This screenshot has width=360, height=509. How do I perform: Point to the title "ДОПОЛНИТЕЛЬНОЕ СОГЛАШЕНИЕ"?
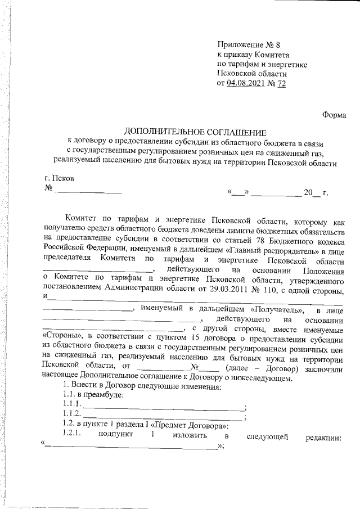pos(195,132)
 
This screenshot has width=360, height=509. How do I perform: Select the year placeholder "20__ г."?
pos(316,193)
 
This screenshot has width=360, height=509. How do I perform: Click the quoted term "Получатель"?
pos(277,310)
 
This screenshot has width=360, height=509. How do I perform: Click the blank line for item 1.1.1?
pos(163,406)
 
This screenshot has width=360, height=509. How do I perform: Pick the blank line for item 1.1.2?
pos(163,417)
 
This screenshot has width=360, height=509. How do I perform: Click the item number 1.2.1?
pos(73,436)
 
